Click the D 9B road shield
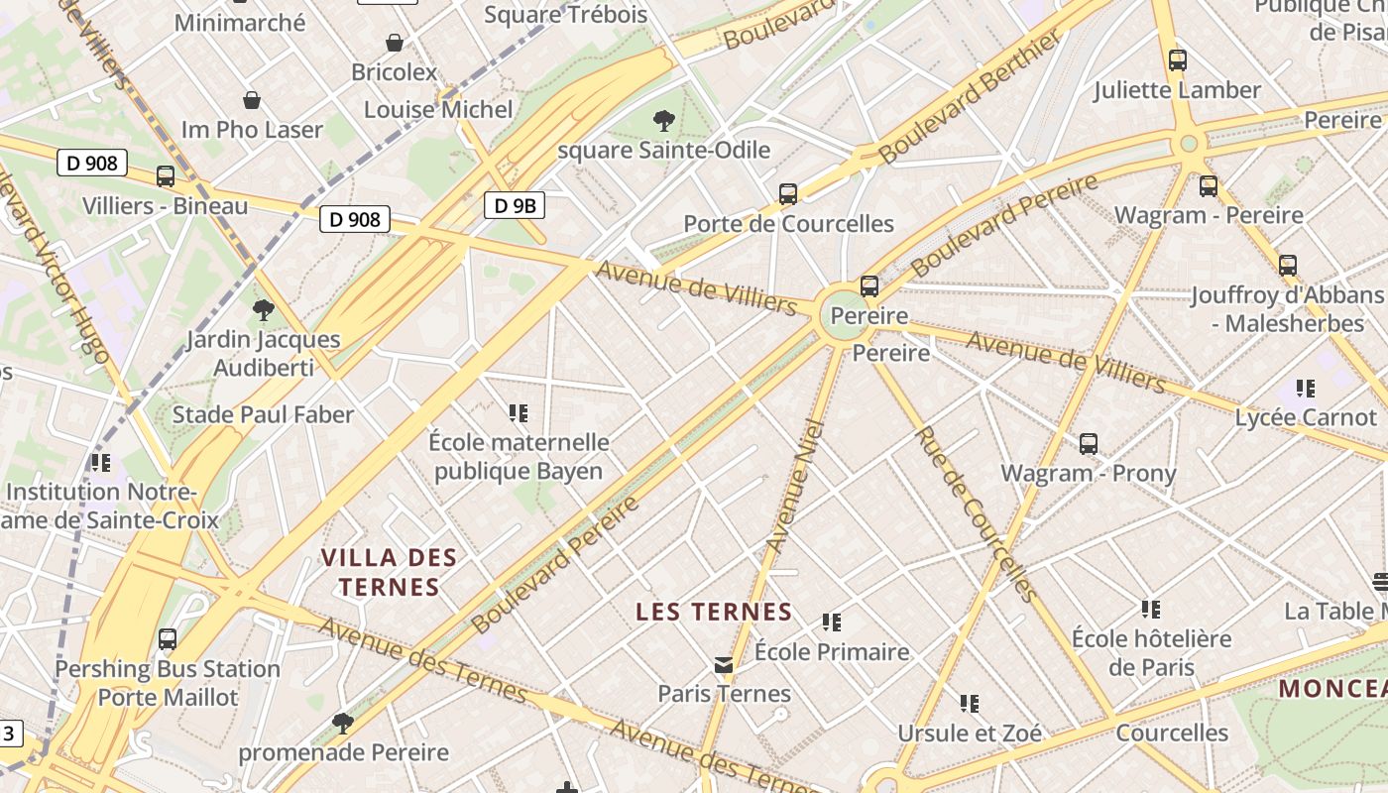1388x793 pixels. pyautogui.click(x=515, y=205)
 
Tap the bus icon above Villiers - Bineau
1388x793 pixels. pyautogui.click(x=166, y=176)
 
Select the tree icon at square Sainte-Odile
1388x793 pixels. pyautogui.click(x=664, y=121)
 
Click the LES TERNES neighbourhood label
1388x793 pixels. pyautogui.click(x=714, y=612)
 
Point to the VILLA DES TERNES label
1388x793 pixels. pyautogui.click(x=389, y=572)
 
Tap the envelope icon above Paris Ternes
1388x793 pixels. pyautogui.click(x=725, y=664)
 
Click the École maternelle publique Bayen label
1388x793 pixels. pyautogui.click(x=519, y=456)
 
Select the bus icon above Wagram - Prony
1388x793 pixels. pyautogui.click(x=1089, y=444)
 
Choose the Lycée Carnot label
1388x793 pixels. pyautogui.click(x=1306, y=417)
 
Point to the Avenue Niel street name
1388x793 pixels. pyautogui.click(x=796, y=486)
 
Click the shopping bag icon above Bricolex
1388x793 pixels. pyautogui.click(x=395, y=43)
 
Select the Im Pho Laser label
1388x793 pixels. pyautogui.click(x=252, y=130)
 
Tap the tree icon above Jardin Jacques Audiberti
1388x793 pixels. pyautogui.click(x=263, y=310)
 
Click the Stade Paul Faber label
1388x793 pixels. pyautogui.click(x=263, y=414)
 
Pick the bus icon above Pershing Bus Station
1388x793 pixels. pyautogui.click(x=168, y=639)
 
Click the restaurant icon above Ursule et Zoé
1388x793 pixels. pyautogui.click(x=970, y=704)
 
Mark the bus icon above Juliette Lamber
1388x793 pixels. pyautogui.click(x=1178, y=60)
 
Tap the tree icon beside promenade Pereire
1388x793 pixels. pyautogui.click(x=343, y=723)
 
